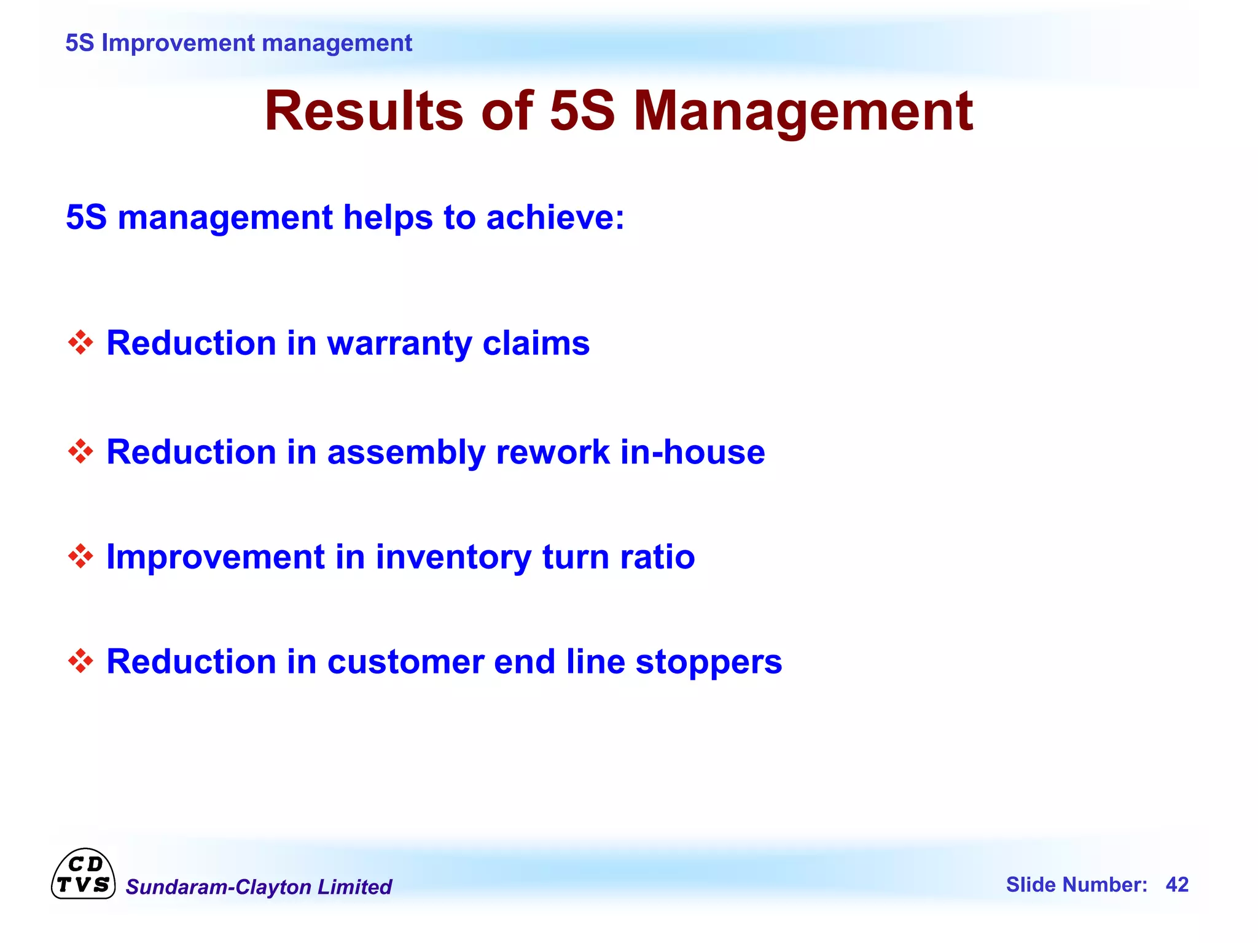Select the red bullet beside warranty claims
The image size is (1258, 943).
click(80, 343)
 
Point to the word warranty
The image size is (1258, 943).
click(399, 344)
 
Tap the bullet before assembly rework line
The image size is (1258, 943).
click(80, 452)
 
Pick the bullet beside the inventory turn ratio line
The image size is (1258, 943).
click(80, 556)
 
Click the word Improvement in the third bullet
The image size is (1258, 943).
click(215, 557)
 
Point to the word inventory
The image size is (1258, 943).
click(453, 557)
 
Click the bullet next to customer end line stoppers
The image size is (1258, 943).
click(80, 661)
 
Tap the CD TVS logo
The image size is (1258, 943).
click(83, 874)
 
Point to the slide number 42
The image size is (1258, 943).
click(1177, 885)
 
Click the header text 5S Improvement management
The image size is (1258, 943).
click(238, 43)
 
